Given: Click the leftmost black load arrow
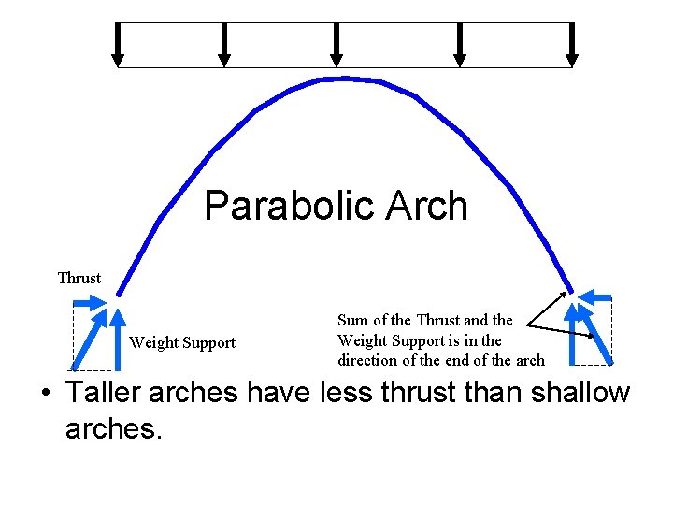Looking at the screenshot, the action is (118, 45).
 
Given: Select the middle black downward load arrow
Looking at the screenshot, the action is (336, 45).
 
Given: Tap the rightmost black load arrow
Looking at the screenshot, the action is (572, 45).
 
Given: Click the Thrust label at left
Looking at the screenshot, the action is (79, 278).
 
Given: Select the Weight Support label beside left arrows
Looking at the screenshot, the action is (182, 342).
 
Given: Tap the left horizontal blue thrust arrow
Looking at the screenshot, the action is (92, 302).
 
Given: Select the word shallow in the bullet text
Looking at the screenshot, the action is (580, 393).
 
